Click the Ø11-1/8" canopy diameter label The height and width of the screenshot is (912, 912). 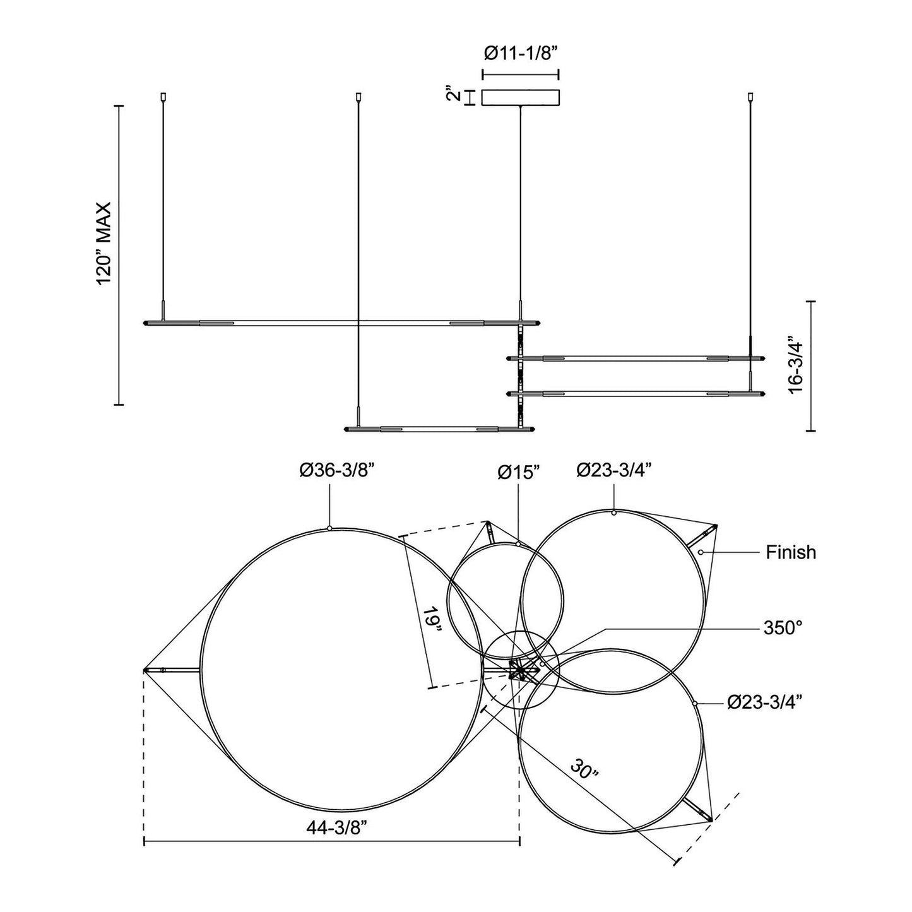(x=521, y=54)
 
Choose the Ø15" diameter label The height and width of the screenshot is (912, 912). (x=519, y=472)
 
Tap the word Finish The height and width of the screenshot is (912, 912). (x=790, y=552)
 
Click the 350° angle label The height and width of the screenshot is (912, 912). (x=783, y=627)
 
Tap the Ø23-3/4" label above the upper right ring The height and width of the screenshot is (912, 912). (x=614, y=471)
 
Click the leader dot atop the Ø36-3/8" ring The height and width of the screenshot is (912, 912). (x=329, y=528)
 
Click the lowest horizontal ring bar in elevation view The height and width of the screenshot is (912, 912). (x=440, y=429)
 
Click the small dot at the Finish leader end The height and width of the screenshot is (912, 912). (x=701, y=552)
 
